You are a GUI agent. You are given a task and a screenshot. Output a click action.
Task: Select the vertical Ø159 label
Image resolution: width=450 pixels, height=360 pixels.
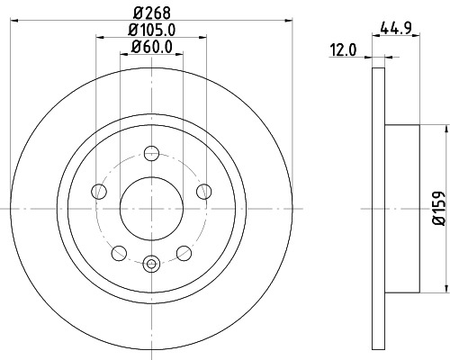coord(438,208)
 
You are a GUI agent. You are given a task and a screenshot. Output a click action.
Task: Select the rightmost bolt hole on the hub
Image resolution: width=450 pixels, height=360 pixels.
coord(202,190)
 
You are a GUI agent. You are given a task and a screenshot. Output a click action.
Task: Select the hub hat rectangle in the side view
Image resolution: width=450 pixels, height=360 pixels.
coord(402,208)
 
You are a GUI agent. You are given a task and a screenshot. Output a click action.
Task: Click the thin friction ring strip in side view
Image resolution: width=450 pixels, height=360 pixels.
coord(378,208)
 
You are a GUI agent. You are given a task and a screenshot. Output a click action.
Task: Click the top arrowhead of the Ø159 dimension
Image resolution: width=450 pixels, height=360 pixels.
coord(445,128)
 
